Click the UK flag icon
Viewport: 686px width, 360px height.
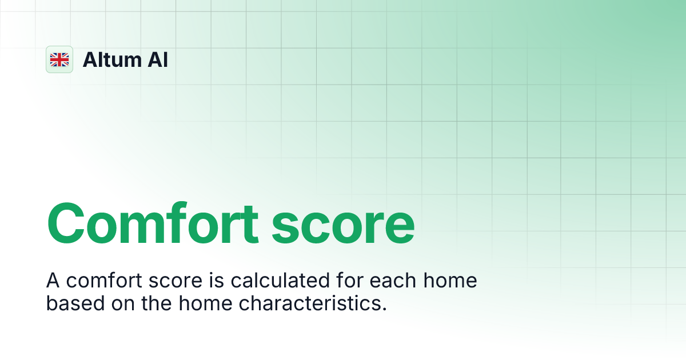click(59, 59)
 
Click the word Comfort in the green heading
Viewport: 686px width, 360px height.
click(153, 223)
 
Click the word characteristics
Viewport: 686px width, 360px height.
click(313, 303)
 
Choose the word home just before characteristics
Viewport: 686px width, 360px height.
click(206, 303)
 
